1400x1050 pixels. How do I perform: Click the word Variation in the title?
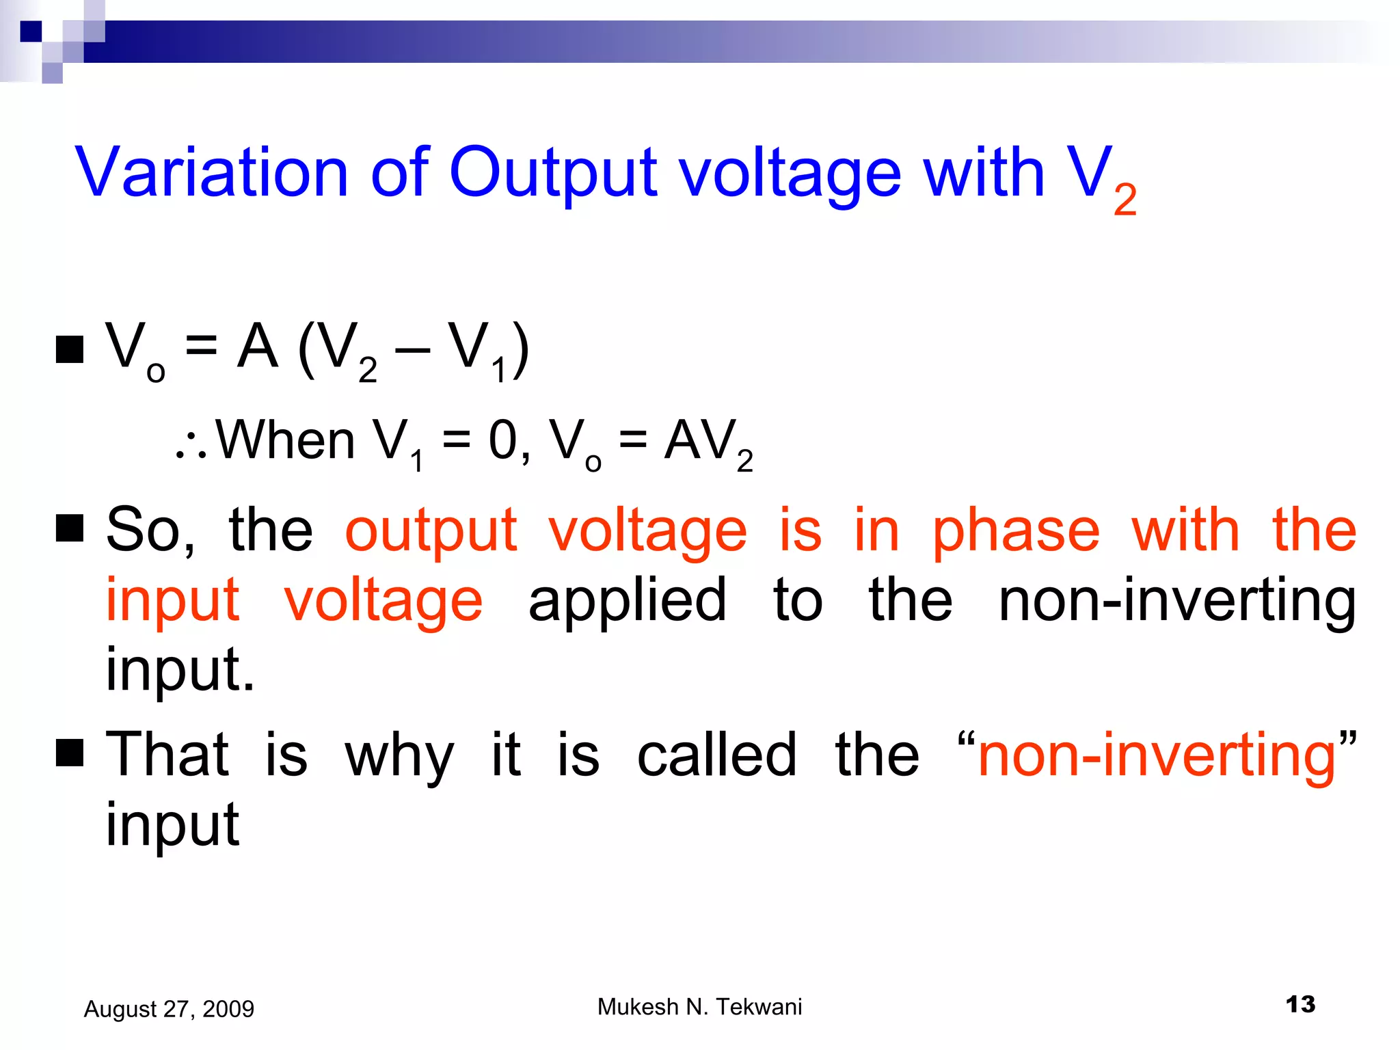click(x=212, y=172)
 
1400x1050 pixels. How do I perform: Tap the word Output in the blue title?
click(x=552, y=172)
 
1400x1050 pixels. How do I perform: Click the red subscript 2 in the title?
click(x=1125, y=200)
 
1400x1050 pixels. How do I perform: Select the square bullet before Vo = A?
click(x=69, y=349)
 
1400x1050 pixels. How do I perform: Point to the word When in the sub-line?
click(x=286, y=440)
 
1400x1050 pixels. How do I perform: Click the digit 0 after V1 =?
click(x=502, y=440)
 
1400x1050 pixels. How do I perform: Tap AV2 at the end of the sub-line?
click(x=708, y=443)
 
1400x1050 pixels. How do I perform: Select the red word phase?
click(x=1016, y=532)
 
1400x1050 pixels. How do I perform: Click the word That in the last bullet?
click(x=167, y=755)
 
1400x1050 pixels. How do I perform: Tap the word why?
click(x=399, y=757)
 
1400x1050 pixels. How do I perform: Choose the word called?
click(x=717, y=755)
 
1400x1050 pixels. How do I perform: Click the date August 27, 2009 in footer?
click(x=169, y=1009)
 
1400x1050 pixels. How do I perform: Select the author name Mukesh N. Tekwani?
click(x=699, y=1007)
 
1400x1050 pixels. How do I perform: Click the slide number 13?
click(x=1300, y=1005)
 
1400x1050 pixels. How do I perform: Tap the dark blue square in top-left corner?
click(x=31, y=31)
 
